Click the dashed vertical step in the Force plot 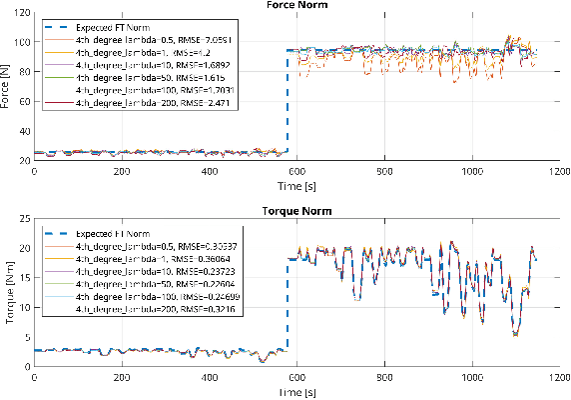tap(287, 100)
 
